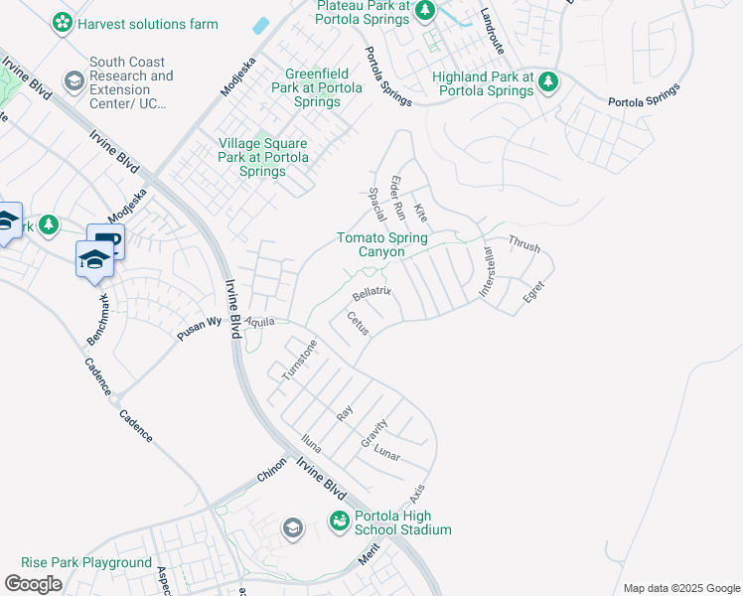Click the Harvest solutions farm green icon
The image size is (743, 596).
(62, 22)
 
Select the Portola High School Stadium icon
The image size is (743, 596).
(340, 521)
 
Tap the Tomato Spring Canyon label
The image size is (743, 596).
(382, 244)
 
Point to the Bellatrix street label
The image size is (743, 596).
(372, 294)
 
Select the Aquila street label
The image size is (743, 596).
(260, 322)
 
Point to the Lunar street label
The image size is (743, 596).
(386, 455)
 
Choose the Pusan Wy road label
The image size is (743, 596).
(199, 324)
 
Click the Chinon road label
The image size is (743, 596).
(272, 471)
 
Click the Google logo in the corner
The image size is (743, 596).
(33, 584)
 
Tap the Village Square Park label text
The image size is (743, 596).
(263, 157)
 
